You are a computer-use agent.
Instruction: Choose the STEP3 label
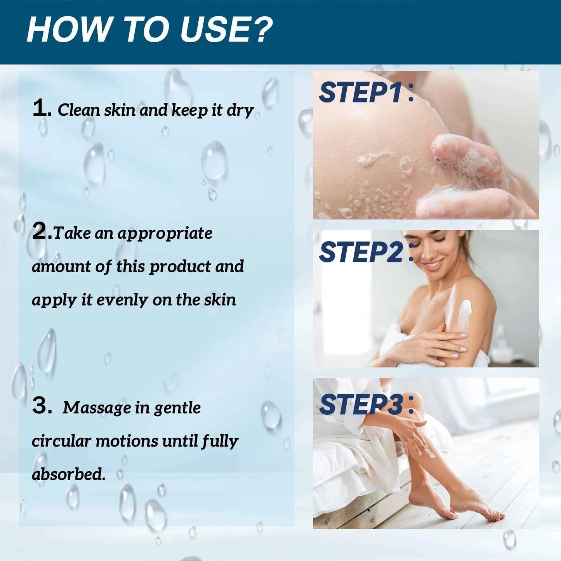pos(361,404)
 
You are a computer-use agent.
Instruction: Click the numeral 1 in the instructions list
pos(40,108)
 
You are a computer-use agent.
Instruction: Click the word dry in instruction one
pos(240,111)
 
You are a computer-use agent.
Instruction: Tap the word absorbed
pos(68,474)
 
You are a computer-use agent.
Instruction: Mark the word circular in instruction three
pos(61,441)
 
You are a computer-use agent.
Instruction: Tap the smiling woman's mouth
pos(432,265)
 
